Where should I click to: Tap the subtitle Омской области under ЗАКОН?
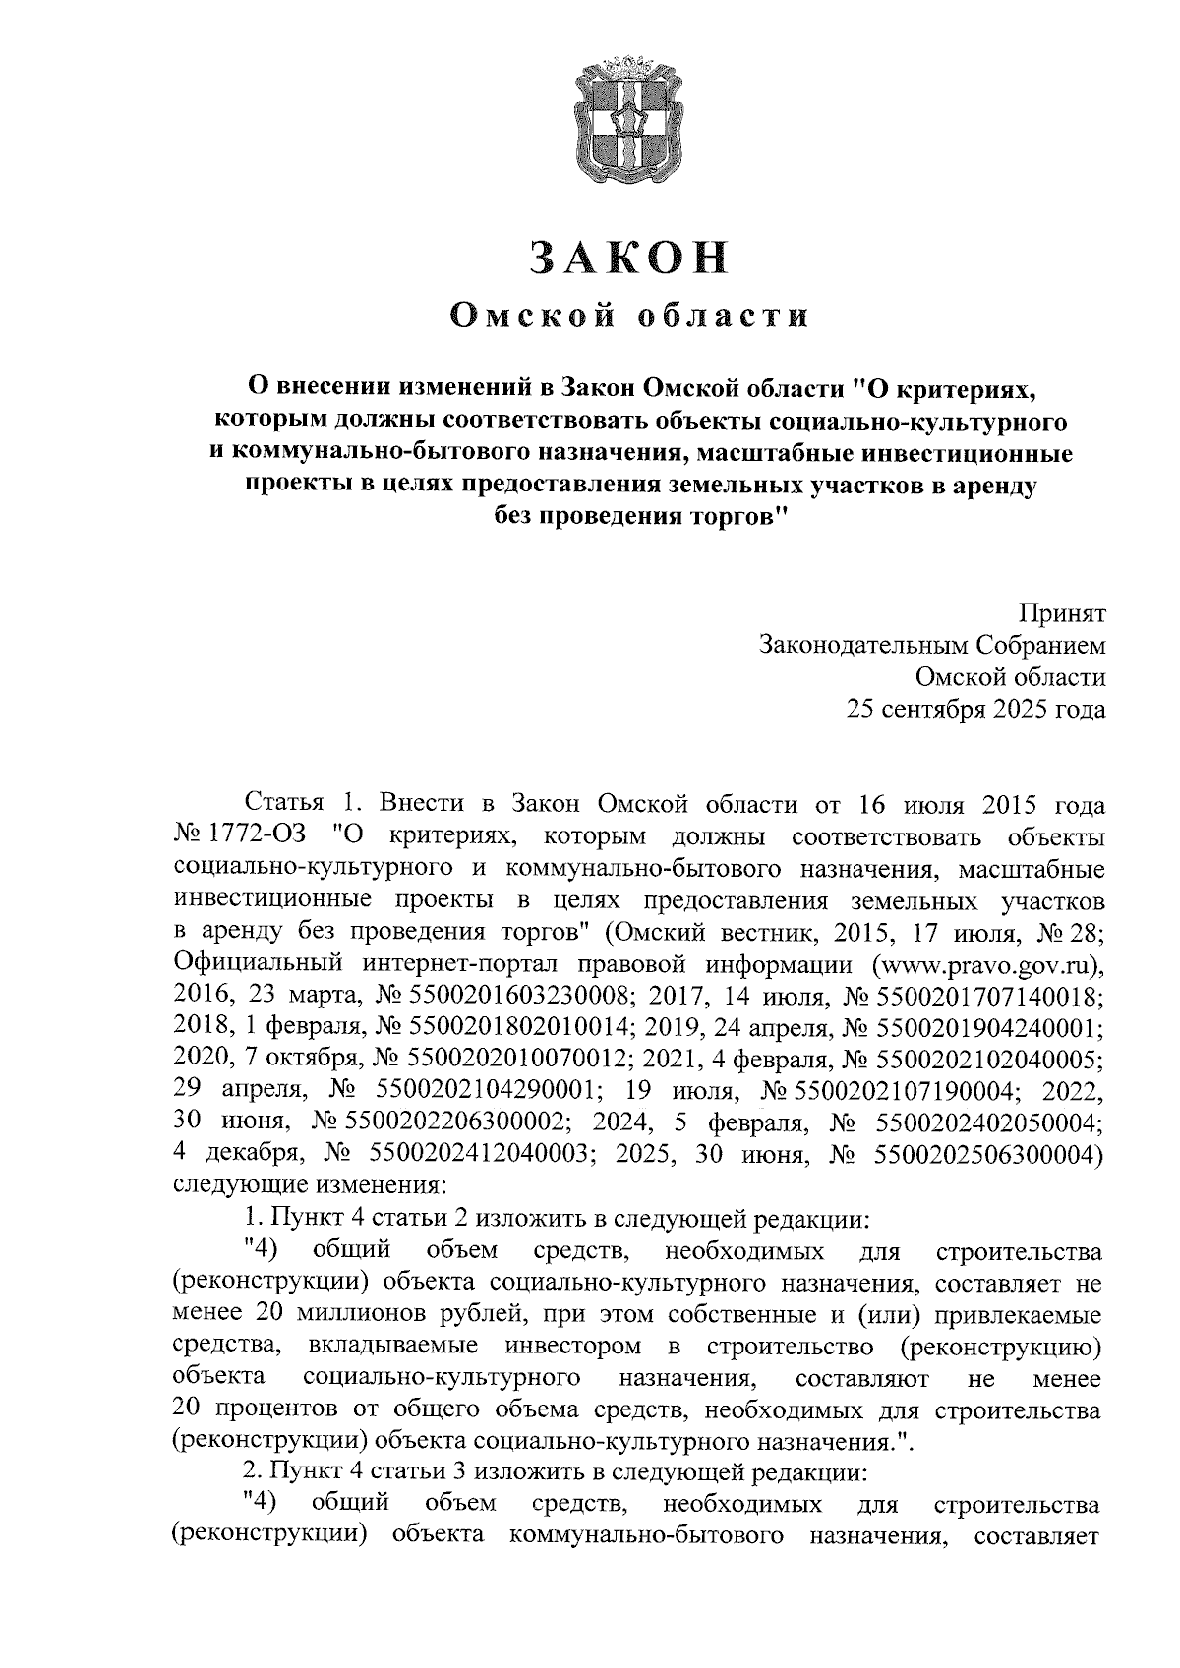[629, 316]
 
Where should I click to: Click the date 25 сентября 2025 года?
[976, 709]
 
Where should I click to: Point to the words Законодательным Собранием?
[931, 646]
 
